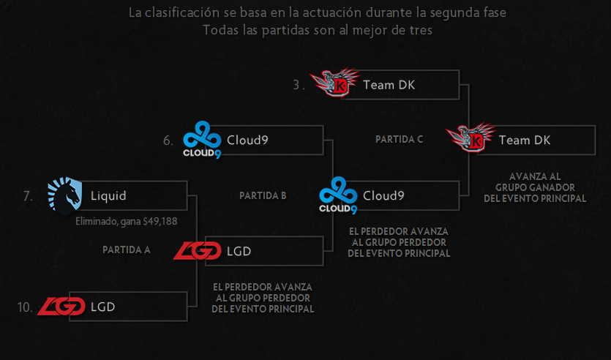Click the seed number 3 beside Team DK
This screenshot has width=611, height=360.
coord(297,85)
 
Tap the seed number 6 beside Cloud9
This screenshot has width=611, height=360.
coord(168,140)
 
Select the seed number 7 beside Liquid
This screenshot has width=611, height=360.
coord(28,196)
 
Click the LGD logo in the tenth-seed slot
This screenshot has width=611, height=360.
coord(60,307)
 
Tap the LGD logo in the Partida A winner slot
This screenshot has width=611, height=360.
coord(197,251)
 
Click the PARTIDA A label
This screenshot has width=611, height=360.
coord(127,250)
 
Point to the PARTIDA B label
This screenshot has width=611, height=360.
coord(263,196)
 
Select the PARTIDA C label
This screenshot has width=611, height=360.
coord(399,139)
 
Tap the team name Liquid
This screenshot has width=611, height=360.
coord(108,196)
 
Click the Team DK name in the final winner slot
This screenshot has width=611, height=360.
coord(525,140)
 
